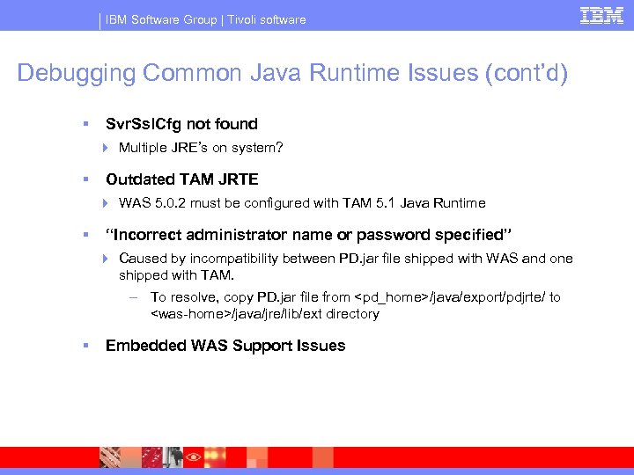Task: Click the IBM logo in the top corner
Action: pyautogui.click(x=601, y=16)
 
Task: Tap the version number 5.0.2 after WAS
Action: pyautogui.click(x=167, y=203)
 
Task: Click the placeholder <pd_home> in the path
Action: pyautogui.click(x=389, y=297)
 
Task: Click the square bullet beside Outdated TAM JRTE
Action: pyautogui.click(x=85, y=179)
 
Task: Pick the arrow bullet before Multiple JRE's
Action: pyautogui.click(x=105, y=148)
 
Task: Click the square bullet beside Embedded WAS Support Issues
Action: pyautogui.click(x=85, y=346)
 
